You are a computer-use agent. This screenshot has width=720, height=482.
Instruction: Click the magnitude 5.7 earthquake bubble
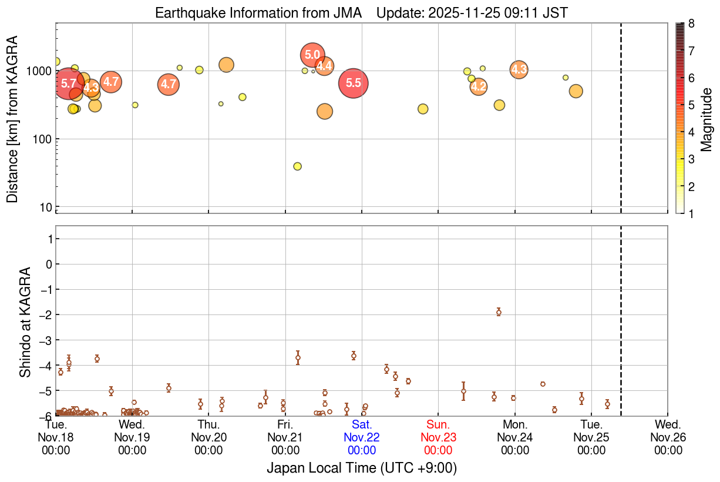tap(69, 83)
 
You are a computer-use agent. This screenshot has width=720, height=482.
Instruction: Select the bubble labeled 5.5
tap(354, 83)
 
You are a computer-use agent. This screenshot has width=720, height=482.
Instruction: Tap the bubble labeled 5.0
tap(312, 55)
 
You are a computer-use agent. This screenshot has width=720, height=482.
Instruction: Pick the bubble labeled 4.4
tap(324, 66)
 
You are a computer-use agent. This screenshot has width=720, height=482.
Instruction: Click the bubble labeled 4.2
tap(479, 87)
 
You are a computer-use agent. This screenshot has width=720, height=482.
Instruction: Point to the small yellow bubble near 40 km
tap(297, 166)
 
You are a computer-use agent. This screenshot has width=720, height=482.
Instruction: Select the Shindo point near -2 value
tap(499, 312)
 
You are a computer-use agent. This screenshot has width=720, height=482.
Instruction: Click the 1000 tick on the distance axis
tap(41, 71)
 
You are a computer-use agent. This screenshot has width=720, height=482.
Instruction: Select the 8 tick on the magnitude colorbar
tap(692, 24)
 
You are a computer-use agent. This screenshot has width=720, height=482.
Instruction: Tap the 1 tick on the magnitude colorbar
tap(692, 214)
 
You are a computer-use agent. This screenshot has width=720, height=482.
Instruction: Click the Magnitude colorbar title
tap(706, 119)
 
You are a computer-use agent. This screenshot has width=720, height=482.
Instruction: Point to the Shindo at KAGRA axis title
tap(25, 322)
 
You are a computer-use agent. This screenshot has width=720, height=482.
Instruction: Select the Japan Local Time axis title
tap(362, 468)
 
